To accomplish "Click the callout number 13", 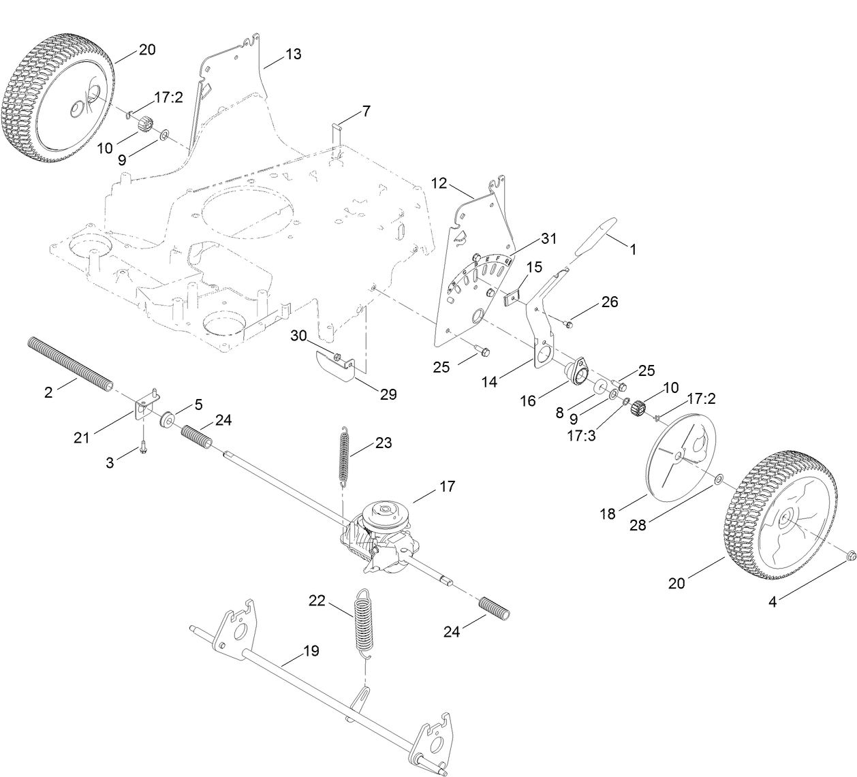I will pos(293,54).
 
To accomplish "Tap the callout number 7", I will pos(366,111).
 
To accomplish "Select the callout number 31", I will pos(549,239).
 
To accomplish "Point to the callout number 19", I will pos(311,651).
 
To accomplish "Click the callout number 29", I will pos(389,394).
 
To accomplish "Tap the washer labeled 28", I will pos(719,481).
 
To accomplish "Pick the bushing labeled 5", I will pos(166,418).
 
